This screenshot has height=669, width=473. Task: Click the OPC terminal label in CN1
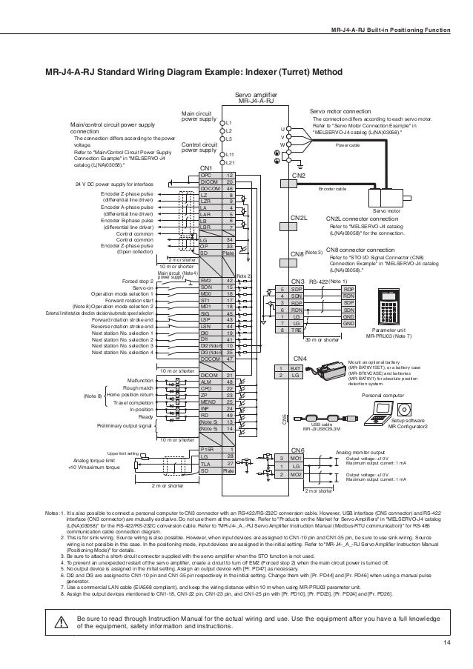pyautogui.click(x=210, y=175)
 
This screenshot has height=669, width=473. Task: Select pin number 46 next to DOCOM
pyautogui.click(x=230, y=189)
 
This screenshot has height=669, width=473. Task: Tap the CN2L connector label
pyautogui.click(x=298, y=219)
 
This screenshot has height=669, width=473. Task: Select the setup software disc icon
pyautogui.click(x=403, y=409)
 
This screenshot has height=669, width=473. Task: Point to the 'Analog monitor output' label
pyautogui.click(x=360, y=450)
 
